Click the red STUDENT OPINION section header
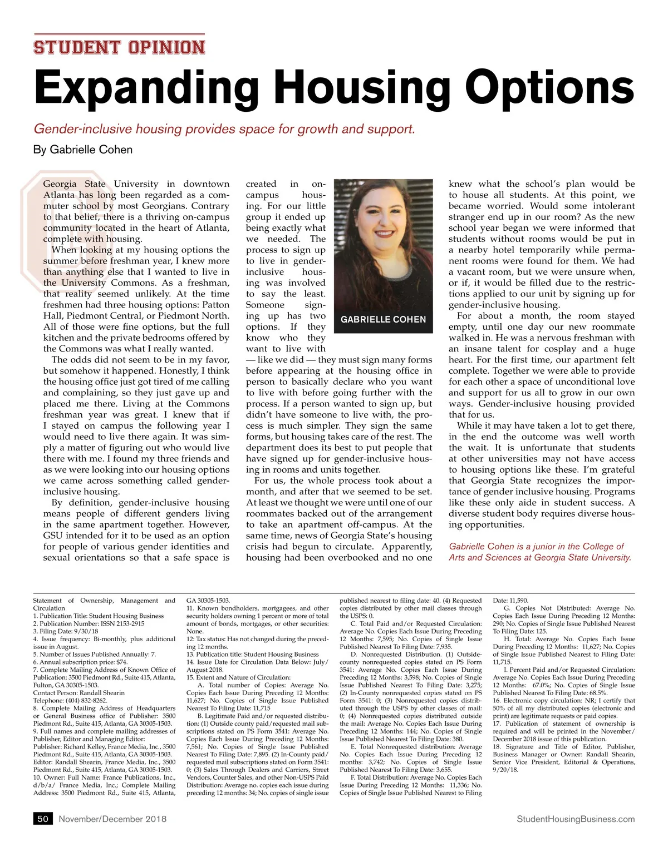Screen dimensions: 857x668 (119, 47)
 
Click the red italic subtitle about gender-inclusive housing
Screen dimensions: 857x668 (224, 129)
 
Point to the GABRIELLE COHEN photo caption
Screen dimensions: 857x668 (383, 319)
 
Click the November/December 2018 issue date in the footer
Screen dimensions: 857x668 (112, 819)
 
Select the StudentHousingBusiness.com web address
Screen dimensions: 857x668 (576, 819)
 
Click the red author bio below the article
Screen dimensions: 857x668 (540, 552)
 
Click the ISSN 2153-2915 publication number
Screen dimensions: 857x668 (123, 623)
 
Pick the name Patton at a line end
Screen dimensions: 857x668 (215, 305)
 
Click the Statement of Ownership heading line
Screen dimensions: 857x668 (104, 601)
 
